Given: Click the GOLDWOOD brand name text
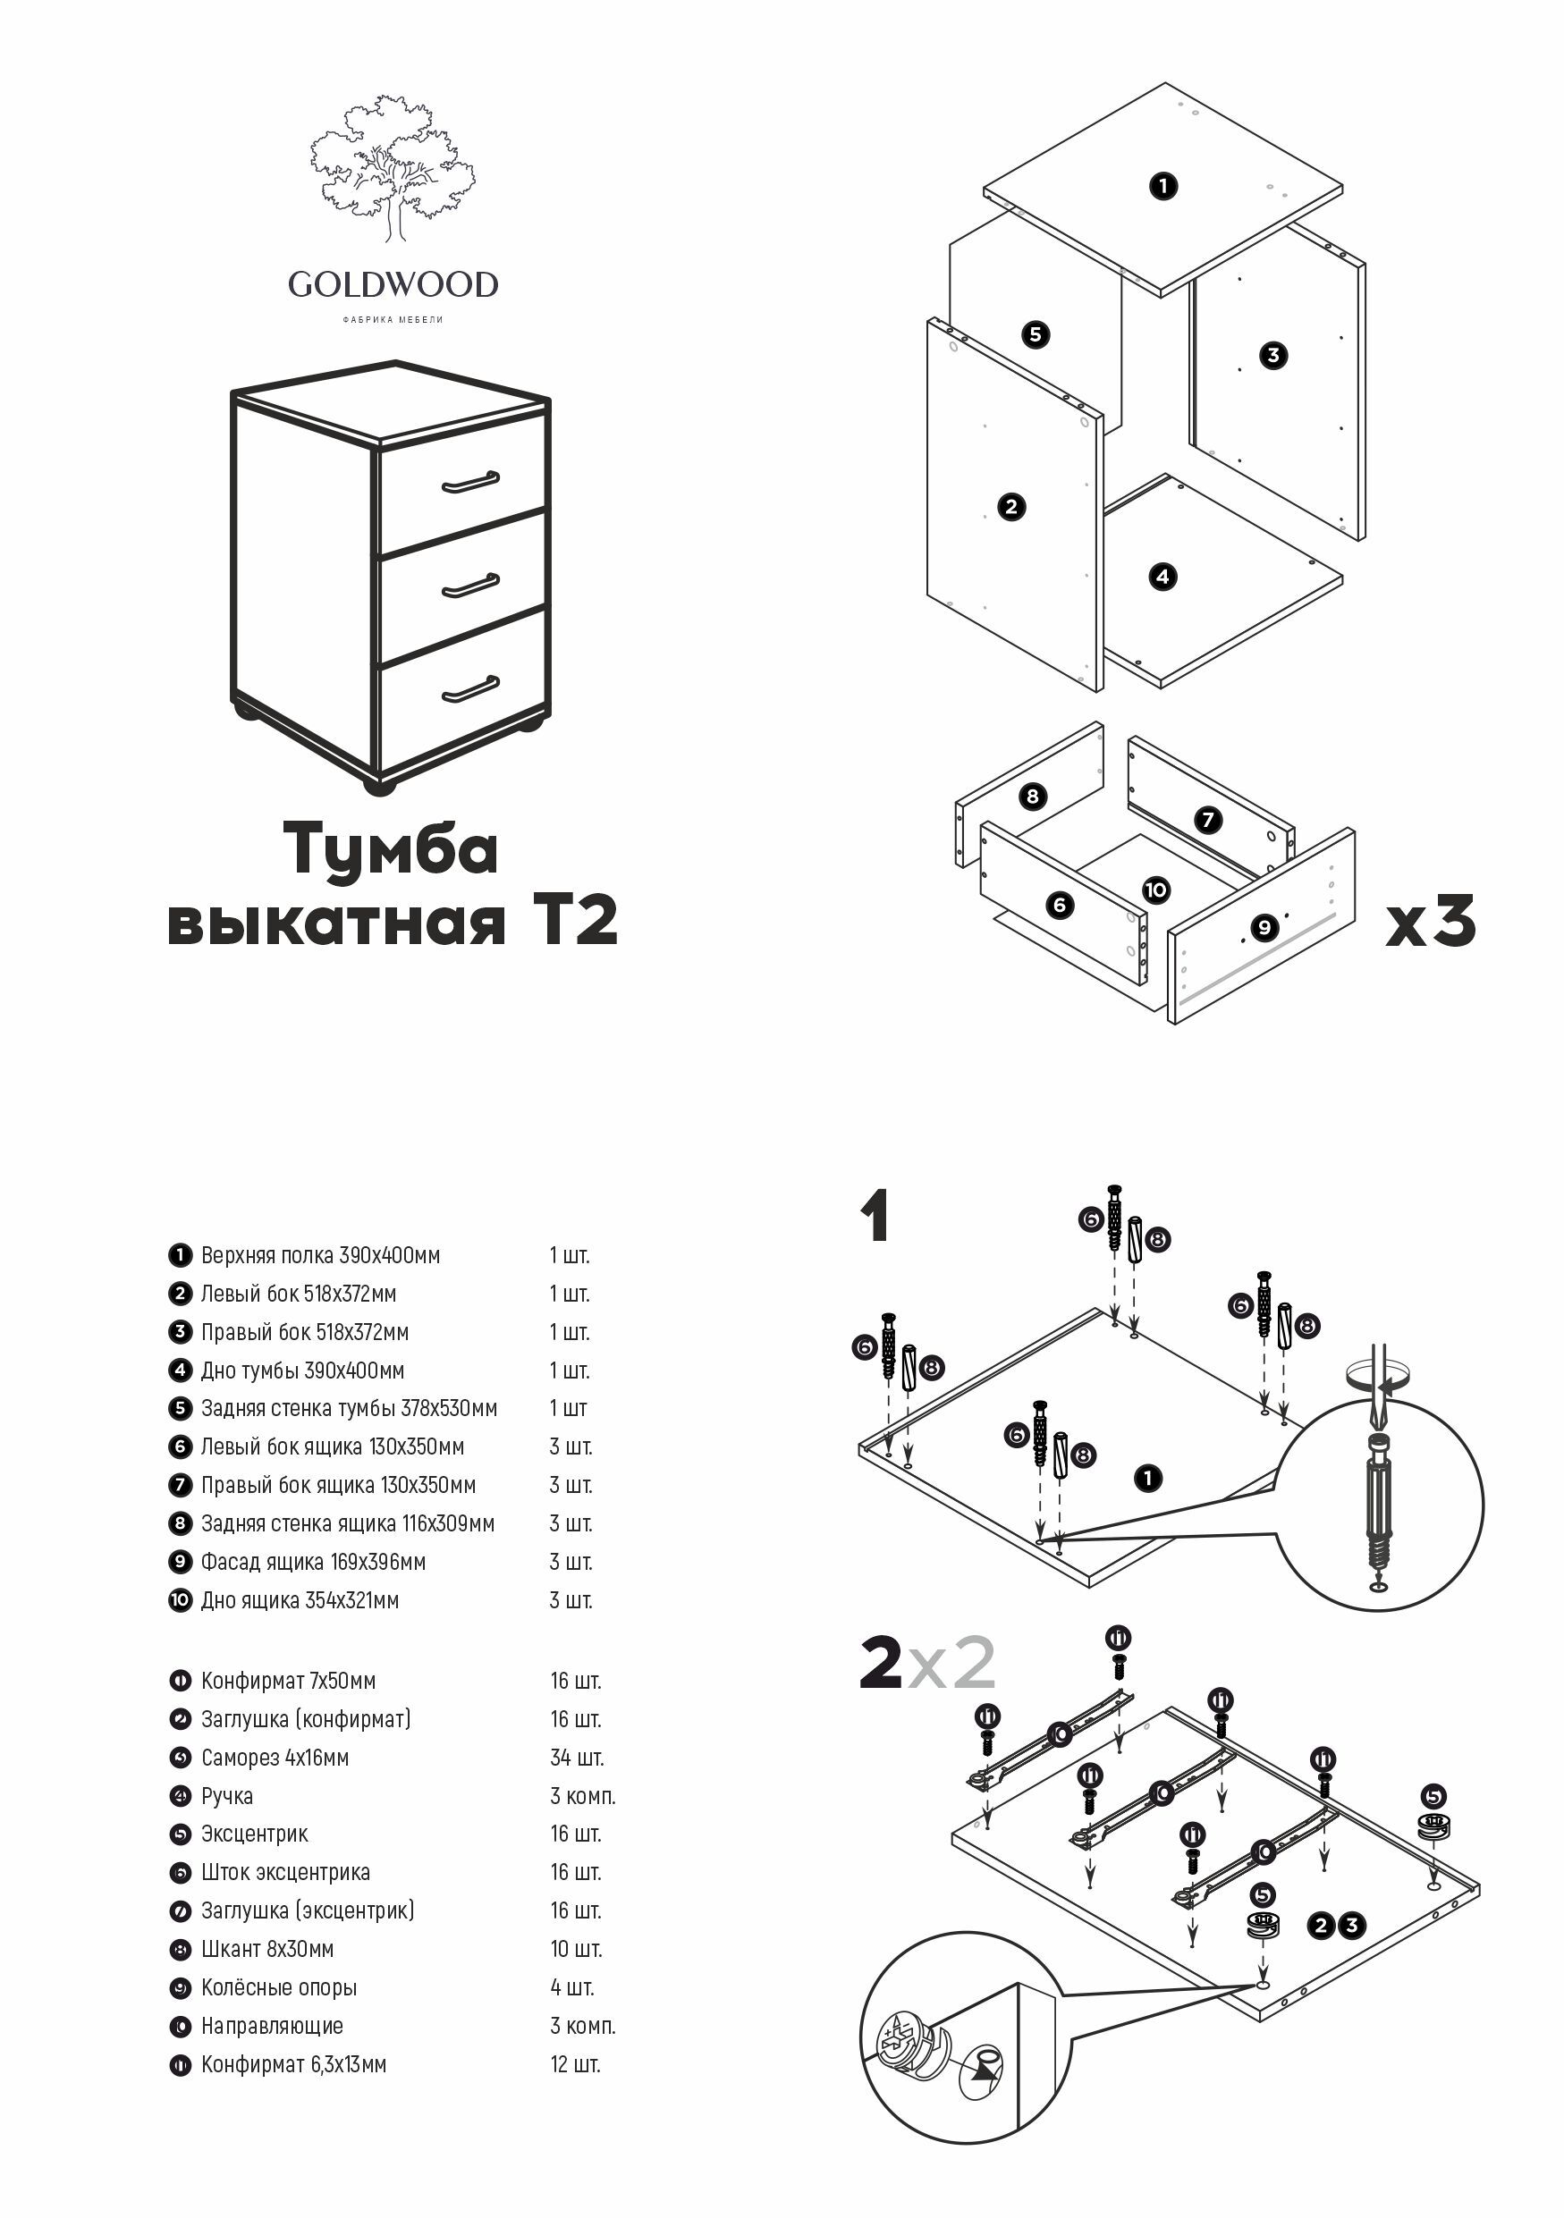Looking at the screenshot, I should click(x=393, y=284).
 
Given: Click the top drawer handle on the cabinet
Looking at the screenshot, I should click(x=470, y=482).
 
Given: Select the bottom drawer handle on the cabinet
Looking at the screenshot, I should click(x=470, y=688).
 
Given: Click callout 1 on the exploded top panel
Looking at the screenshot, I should click(x=1163, y=184).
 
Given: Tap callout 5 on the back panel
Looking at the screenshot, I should click(x=1036, y=334).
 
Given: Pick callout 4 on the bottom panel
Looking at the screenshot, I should click(x=1163, y=577).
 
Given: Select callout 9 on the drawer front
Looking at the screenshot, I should click(x=1264, y=927).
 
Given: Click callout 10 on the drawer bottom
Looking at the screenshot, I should click(x=1156, y=890).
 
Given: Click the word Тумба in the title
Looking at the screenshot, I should click(x=390, y=848).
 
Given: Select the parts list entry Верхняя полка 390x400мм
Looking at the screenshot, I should click(x=320, y=1255).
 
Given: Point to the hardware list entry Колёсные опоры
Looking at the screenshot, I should click(x=278, y=1987).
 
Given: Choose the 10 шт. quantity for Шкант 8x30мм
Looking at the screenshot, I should click(x=576, y=1949).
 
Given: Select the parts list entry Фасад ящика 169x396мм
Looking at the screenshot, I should click(x=313, y=1561).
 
